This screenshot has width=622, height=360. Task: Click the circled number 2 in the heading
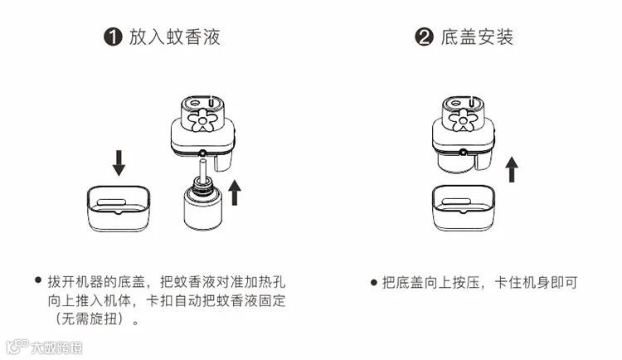pos(425,38)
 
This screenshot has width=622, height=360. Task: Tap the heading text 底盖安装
pos(478,37)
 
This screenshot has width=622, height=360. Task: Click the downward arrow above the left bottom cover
pos(119,162)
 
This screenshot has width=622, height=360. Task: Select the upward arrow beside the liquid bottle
pos(236,191)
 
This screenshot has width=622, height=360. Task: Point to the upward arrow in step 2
pos(512,169)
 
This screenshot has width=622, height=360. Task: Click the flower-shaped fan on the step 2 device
pos(462,119)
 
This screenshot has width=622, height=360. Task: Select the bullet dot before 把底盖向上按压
pos(373,282)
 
